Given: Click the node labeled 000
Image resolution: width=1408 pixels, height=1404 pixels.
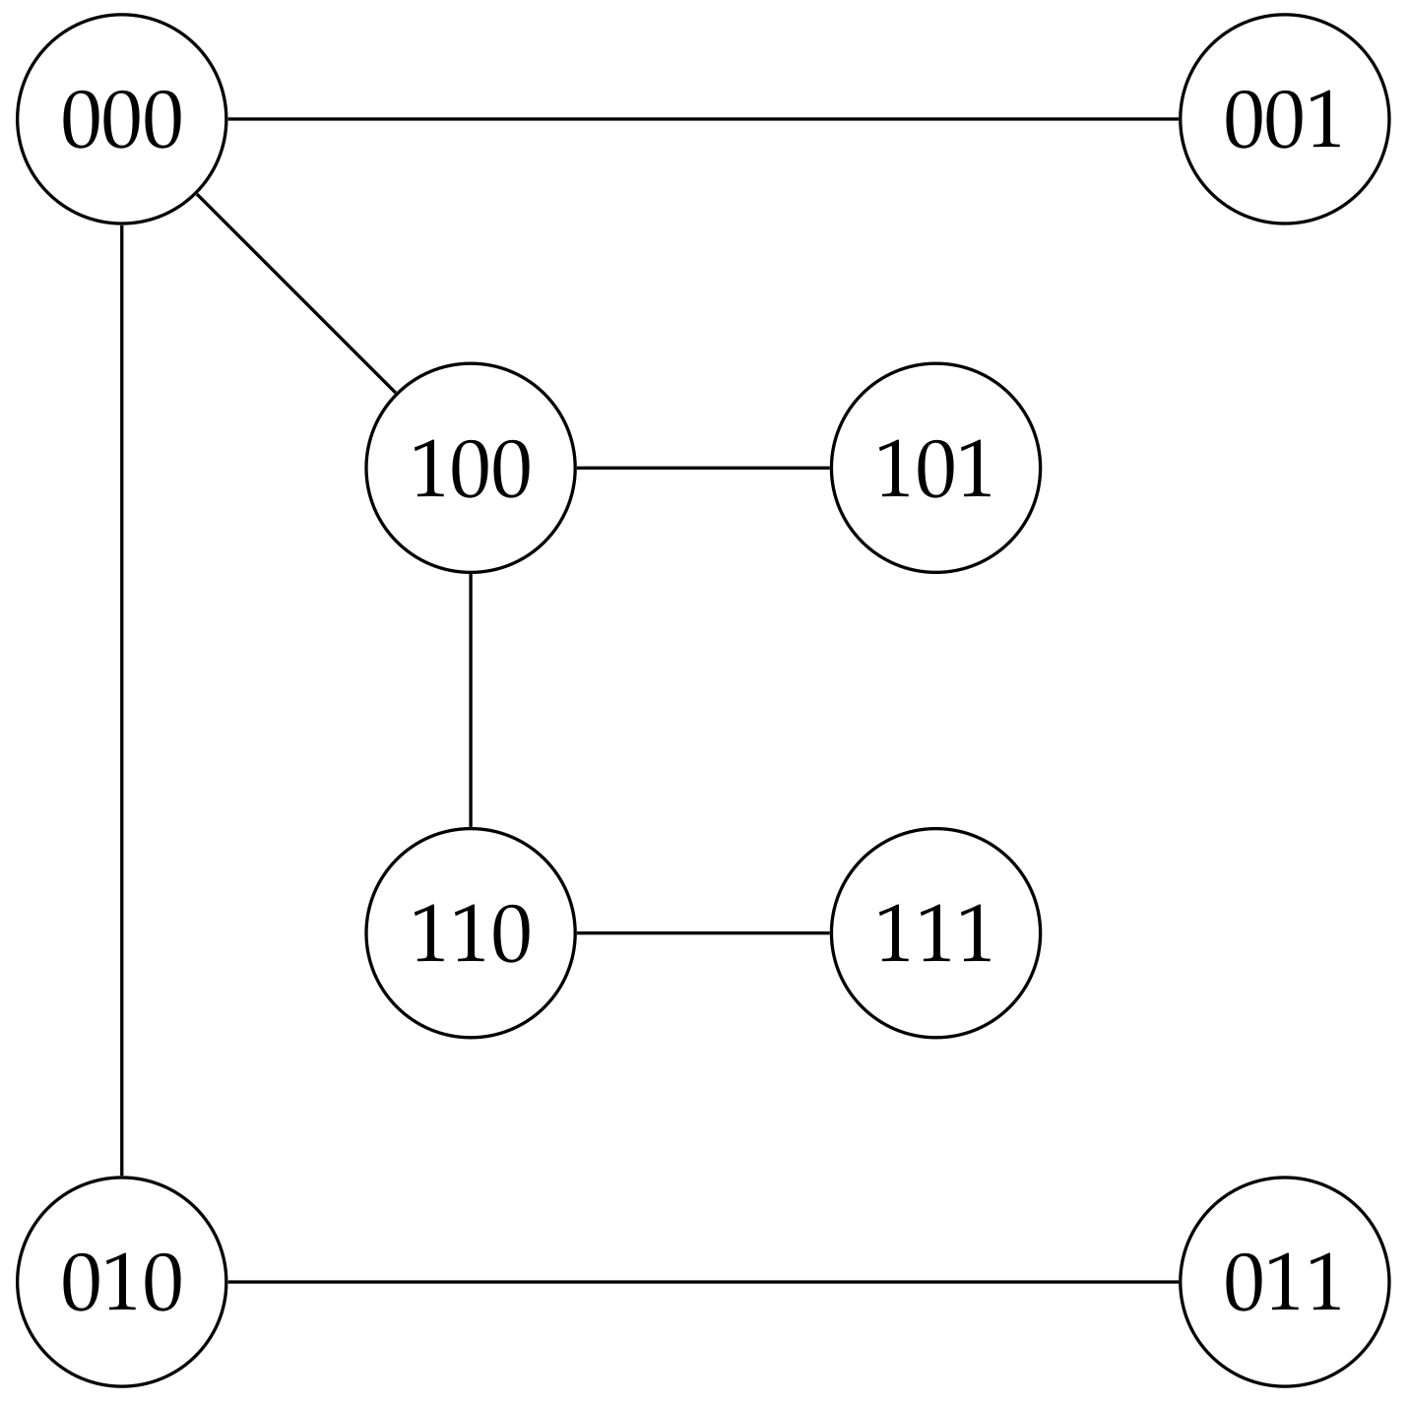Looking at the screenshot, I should [x=121, y=119].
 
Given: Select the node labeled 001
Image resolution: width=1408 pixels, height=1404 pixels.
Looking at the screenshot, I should [x=1284, y=119].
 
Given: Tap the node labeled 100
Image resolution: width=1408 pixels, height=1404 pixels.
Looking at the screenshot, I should [x=470, y=468].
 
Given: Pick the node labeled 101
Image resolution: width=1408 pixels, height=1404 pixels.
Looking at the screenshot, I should [x=934, y=468].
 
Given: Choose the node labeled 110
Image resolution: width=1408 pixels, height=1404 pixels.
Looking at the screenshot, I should [x=470, y=932].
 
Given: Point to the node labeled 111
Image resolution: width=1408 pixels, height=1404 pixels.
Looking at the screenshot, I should [x=934, y=932].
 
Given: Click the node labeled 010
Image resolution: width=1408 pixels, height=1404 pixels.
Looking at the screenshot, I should [x=121, y=1282].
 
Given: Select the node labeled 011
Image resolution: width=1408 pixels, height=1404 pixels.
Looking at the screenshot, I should [x=1284, y=1282].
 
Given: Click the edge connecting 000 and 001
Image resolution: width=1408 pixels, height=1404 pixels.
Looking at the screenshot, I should [x=702, y=119].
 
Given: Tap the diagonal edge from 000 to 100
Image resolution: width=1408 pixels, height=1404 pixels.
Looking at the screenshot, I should [x=295, y=293].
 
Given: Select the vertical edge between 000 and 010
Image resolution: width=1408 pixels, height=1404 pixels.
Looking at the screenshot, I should [x=121, y=700].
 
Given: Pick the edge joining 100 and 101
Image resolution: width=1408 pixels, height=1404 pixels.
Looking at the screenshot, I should [x=702, y=468].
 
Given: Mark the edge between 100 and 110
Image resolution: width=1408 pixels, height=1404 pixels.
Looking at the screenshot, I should [x=470, y=700].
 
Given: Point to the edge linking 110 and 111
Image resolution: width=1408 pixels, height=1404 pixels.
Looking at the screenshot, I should [x=702, y=932].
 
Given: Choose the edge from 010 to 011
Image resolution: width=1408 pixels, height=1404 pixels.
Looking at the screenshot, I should [x=702, y=1282].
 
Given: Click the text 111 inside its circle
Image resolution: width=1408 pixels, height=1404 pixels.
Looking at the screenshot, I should [x=933, y=933].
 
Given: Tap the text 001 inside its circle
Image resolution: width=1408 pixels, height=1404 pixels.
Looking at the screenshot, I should [x=1283, y=121].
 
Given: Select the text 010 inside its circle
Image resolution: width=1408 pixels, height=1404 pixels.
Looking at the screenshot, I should [x=121, y=1284].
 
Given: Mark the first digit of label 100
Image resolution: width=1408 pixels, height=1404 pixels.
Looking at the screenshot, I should [x=429, y=470].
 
